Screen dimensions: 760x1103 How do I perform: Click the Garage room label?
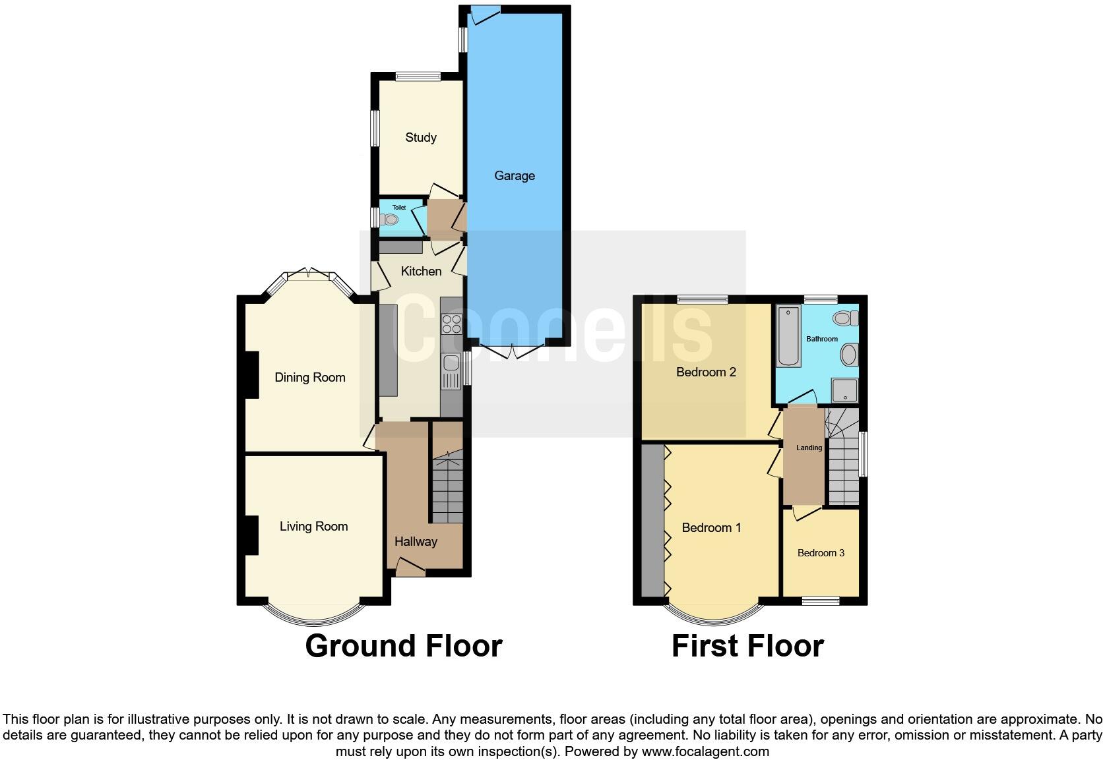coord(514,175)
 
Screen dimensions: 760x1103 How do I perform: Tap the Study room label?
coord(420,137)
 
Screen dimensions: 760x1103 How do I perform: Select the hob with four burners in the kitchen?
coord(452,324)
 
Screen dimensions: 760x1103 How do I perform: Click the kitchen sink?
coord(451,363)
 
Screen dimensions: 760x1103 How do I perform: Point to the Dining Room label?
coord(309,377)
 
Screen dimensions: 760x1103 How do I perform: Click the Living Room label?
coord(313,526)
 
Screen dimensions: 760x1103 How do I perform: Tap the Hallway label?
coord(416,541)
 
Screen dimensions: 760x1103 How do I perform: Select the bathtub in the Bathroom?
coord(789,336)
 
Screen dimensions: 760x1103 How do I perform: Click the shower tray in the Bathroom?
coord(844,390)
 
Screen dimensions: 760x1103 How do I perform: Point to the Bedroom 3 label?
coord(821,552)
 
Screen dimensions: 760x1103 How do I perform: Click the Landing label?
coord(809,448)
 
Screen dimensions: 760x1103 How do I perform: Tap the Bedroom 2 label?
coord(706,372)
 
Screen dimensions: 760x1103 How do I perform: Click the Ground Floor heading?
coord(404,645)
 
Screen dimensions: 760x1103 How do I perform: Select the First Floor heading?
coord(747,645)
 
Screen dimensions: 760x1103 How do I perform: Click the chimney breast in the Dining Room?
coord(251,374)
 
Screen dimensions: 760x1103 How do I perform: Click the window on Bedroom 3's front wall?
coord(820,600)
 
